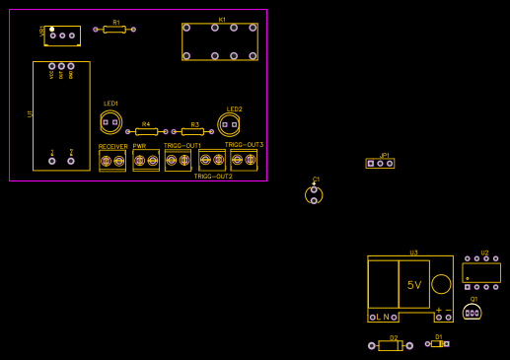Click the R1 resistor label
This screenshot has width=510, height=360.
click(x=115, y=22)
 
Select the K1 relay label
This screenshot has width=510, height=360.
click(x=222, y=20)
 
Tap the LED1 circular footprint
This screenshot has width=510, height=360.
click(x=110, y=122)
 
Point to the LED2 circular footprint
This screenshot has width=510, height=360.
click(x=229, y=124)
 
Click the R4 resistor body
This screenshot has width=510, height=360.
click(x=146, y=131)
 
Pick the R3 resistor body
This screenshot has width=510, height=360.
click(x=192, y=131)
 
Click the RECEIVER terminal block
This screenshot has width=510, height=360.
click(x=112, y=160)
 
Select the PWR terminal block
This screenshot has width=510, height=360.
click(x=146, y=160)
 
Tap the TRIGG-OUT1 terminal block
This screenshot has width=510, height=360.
click(x=178, y=160)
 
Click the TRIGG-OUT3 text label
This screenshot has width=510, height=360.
click(x=244, y=145)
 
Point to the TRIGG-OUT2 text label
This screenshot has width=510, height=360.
click(x=213, y=177)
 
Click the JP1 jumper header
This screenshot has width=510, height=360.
click(x=380, y=163)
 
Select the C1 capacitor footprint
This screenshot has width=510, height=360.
click(x=314, y=194)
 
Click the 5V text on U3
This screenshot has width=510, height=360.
click(x=414, y=285)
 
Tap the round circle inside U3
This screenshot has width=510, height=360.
click(x=441, y=284)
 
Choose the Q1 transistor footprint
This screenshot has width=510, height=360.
click(x=473, y=312)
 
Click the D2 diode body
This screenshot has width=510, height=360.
click(x=390, y=346)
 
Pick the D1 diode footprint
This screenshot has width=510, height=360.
click(x=437, y=343)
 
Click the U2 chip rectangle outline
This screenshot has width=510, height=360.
click(x=481, y=272)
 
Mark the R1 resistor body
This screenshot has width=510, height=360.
click(x=114, y=30)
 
